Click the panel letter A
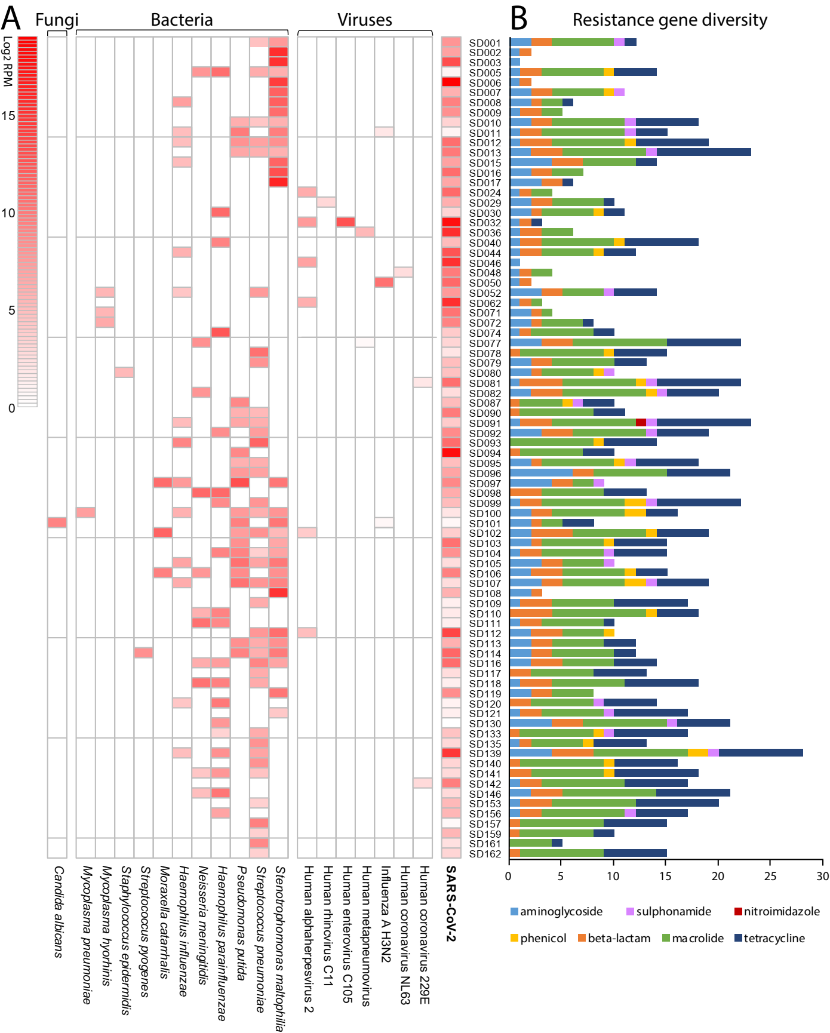[x=11, y=19]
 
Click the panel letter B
[x=518, y=19]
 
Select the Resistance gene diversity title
[x=669, y=20]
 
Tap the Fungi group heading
[x=57, y=20]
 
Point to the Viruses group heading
[x=364, y=20]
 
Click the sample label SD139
[x=485, y=754]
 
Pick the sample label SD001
[x=485, y=43]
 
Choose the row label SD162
[x=485, y=854]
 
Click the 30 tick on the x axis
[x=823, y=876]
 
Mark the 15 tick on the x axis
[x=666, y=876]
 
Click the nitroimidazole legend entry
[x=777, y=912]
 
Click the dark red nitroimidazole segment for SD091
[x=641, y=423]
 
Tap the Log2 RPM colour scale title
[x=8, y=62]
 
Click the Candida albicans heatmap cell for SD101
[x=57, y=522]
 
